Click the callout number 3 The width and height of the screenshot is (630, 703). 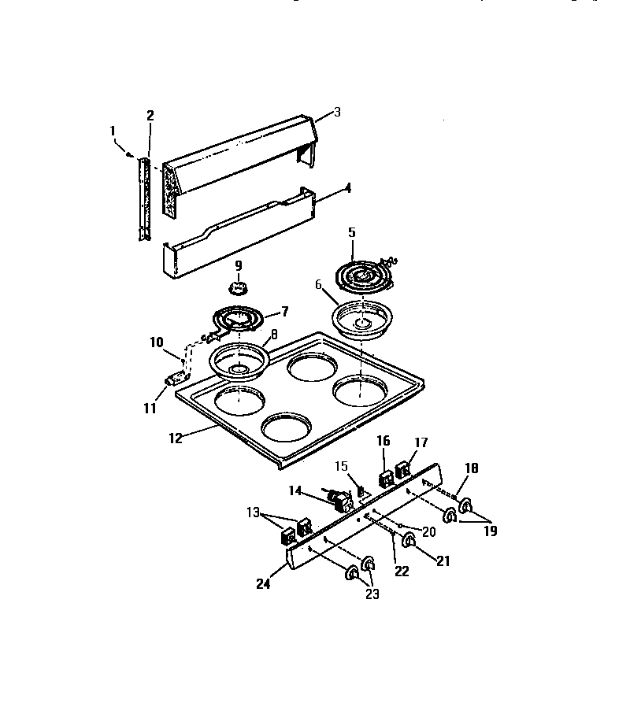337,113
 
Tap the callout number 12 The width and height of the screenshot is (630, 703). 176,438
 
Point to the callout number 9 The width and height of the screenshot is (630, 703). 239,265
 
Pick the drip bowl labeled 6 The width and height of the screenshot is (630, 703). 361,317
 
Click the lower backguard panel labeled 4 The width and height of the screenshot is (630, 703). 236,236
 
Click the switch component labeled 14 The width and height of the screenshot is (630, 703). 339,499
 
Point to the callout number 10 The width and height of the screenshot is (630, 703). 156,342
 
